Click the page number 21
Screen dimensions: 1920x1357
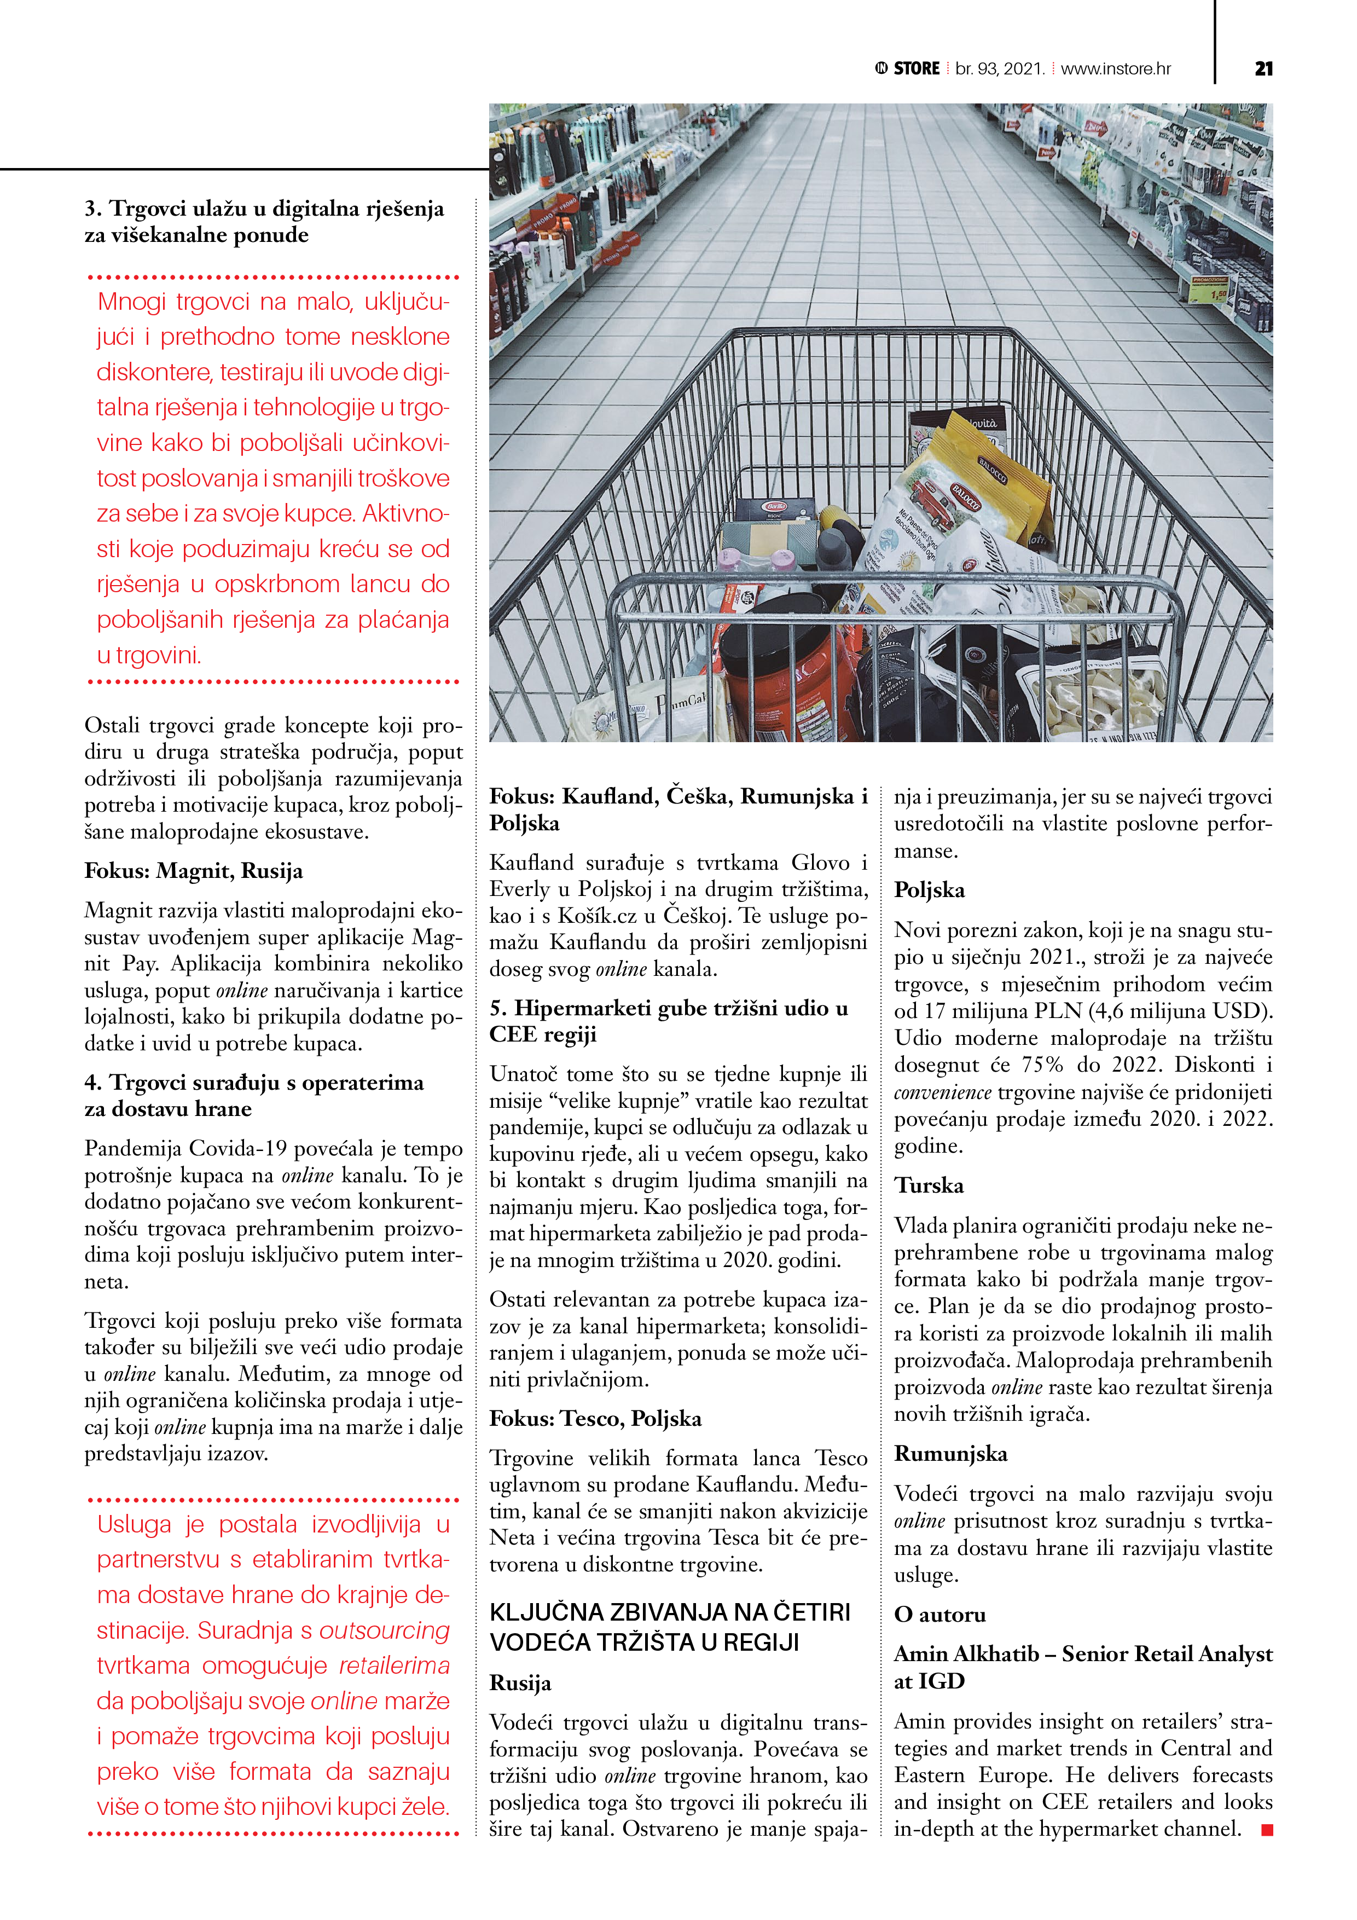[1263, 68]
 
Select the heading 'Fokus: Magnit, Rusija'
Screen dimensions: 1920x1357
[193, 871]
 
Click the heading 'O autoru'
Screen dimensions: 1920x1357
[940, 1614]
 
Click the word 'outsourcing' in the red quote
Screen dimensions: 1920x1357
[385, 1630]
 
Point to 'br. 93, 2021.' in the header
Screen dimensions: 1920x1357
[1000, 68]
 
